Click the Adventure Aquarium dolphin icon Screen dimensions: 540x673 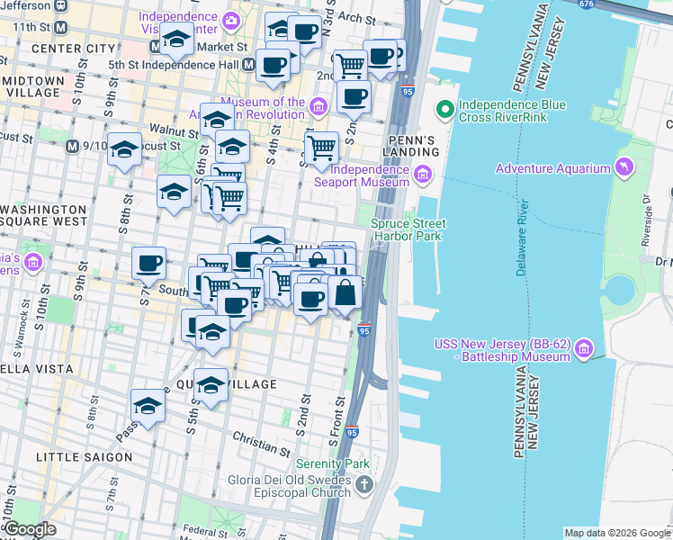623,167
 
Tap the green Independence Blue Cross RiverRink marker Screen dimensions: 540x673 444,111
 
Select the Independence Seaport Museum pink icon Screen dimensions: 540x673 421,175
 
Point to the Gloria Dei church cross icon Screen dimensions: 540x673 363,486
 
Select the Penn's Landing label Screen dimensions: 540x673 411,148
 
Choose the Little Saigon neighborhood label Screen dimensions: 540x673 84,457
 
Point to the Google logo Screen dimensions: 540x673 29,529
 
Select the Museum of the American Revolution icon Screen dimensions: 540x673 318,109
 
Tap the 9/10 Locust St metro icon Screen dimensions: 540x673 73,145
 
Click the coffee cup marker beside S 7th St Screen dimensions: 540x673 149,264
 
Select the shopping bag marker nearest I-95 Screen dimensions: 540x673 345,292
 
